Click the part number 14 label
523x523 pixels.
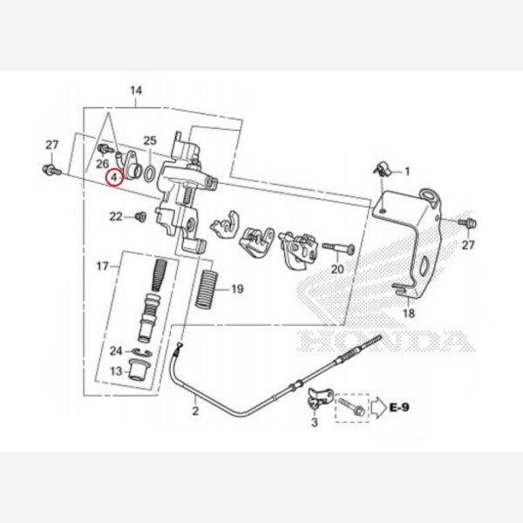[135, 90]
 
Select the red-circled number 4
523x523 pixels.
[113, 178]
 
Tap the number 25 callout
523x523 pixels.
[149, 140]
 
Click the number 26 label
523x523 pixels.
[102, 163]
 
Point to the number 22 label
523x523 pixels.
[116, 216]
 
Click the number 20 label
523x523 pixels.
[339, 271]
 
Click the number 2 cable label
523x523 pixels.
[195, 409]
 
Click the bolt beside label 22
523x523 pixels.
[139, 216]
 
